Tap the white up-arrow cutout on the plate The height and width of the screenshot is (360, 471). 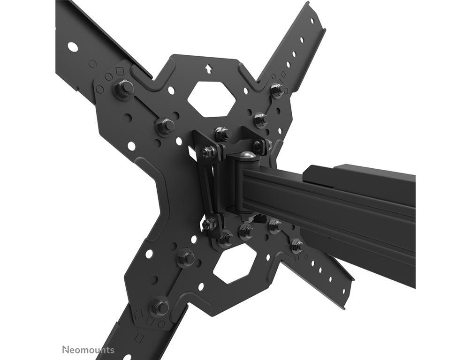207,69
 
